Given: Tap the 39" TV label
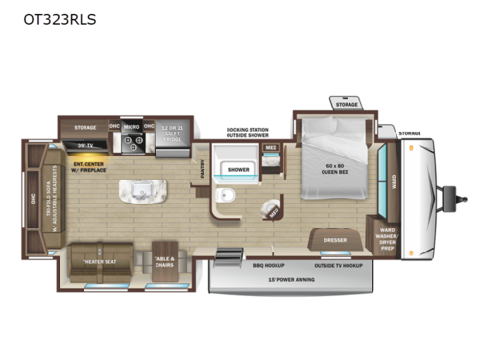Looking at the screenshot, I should (x=84, y=143).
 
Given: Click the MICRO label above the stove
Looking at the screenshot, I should (x=132, y=124).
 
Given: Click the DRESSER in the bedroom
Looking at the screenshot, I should (x=335, y=240).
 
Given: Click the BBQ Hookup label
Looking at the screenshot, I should (x=260, y=264).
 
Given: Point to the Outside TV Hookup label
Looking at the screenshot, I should (x=337, y=264).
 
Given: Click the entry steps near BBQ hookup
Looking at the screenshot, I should (x=228, y=255).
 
